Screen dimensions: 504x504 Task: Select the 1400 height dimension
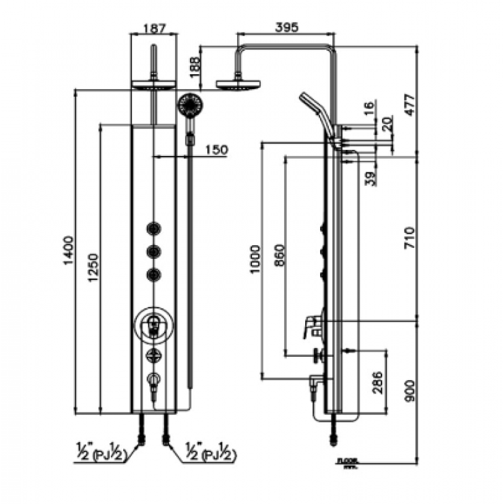67,251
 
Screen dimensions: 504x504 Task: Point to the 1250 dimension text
94,270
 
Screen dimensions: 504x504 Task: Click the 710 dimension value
428,238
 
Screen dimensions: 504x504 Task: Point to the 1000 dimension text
255,259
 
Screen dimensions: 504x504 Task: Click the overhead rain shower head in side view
238,85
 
